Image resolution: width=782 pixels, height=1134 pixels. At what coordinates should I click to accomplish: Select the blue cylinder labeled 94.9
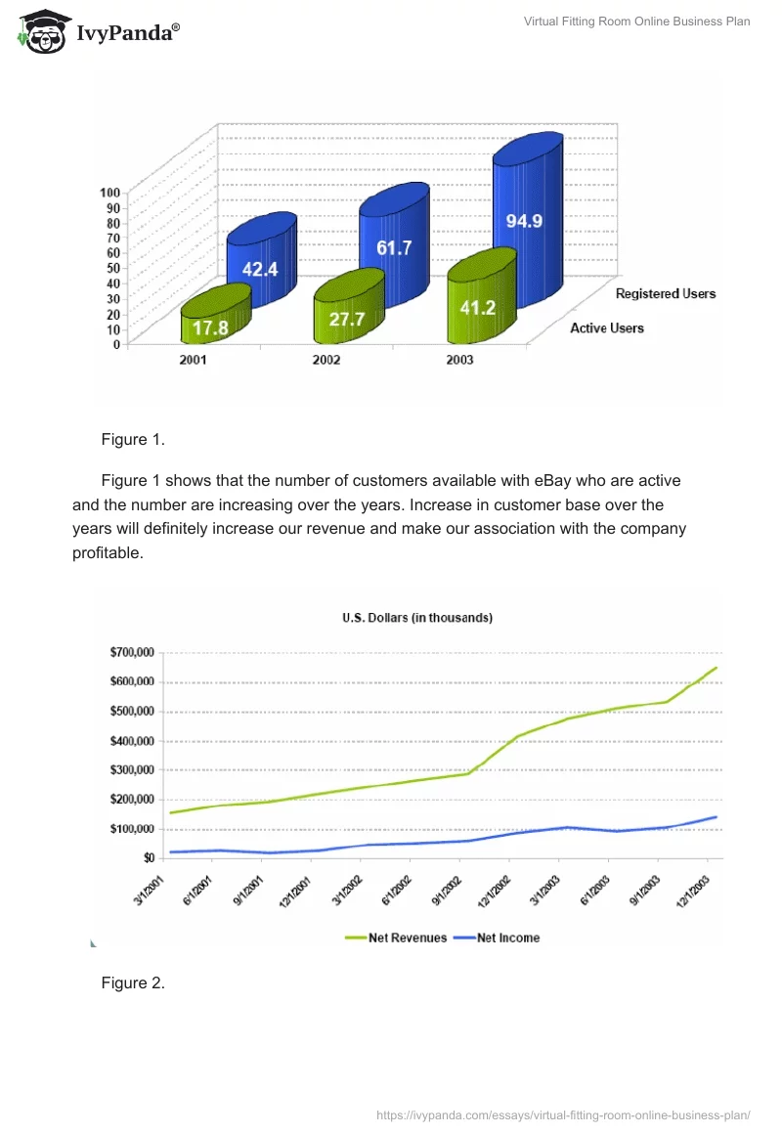pyautogui.click(x=528, y=225)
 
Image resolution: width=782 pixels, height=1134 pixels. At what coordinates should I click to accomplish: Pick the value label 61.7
pyautogui.click(x=394, y=248)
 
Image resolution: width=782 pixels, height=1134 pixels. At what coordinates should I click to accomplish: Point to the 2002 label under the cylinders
pyautogui.click(x=326, y=360)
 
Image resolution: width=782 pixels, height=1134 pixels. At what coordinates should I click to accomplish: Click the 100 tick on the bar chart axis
pyautogui.click(x=109, y=192)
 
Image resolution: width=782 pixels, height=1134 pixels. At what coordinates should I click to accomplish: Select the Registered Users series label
pyautogui.click(x=665, y=293)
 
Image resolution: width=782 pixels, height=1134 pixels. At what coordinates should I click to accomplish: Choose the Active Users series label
pyautogui.click(x=607, y=327)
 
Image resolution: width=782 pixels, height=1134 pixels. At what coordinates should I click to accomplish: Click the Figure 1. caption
pyautogui.click(x=133, y=439)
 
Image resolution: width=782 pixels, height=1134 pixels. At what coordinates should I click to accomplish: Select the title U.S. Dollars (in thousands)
pyautogui.click(x=416, y=618)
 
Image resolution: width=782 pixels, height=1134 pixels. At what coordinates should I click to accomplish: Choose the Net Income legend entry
pyautogui.click(x=507, y=938)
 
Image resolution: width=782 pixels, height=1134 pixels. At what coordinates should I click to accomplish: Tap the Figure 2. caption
pyautogui.click(x=133, y=982)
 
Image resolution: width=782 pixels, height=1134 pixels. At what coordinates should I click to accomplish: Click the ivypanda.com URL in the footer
pyautogui.click(x=563, y=1114)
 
